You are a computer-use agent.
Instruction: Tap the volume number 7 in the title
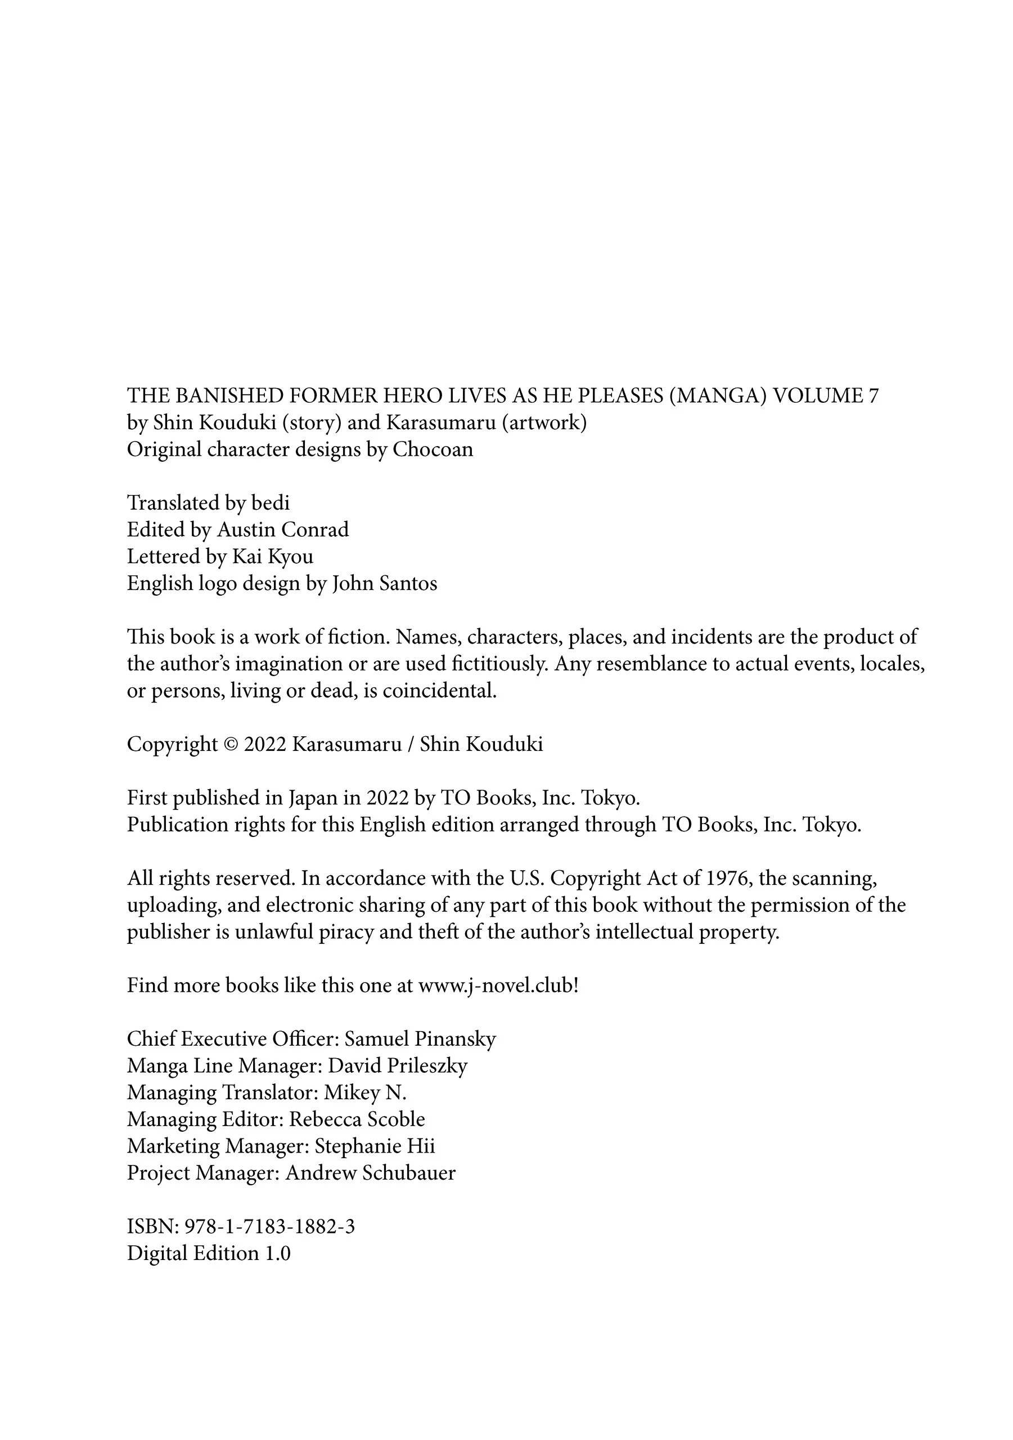873,396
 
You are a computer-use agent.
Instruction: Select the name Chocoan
433,449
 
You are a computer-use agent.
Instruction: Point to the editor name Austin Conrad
283,530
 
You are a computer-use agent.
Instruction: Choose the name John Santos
385,583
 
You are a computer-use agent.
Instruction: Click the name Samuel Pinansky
420,1039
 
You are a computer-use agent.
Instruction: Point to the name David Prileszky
398,1066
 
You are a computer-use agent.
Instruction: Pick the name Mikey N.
365,1093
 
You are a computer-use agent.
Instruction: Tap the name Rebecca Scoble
357,1119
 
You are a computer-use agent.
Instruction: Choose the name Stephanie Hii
375,1146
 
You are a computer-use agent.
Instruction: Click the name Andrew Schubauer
370,1173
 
